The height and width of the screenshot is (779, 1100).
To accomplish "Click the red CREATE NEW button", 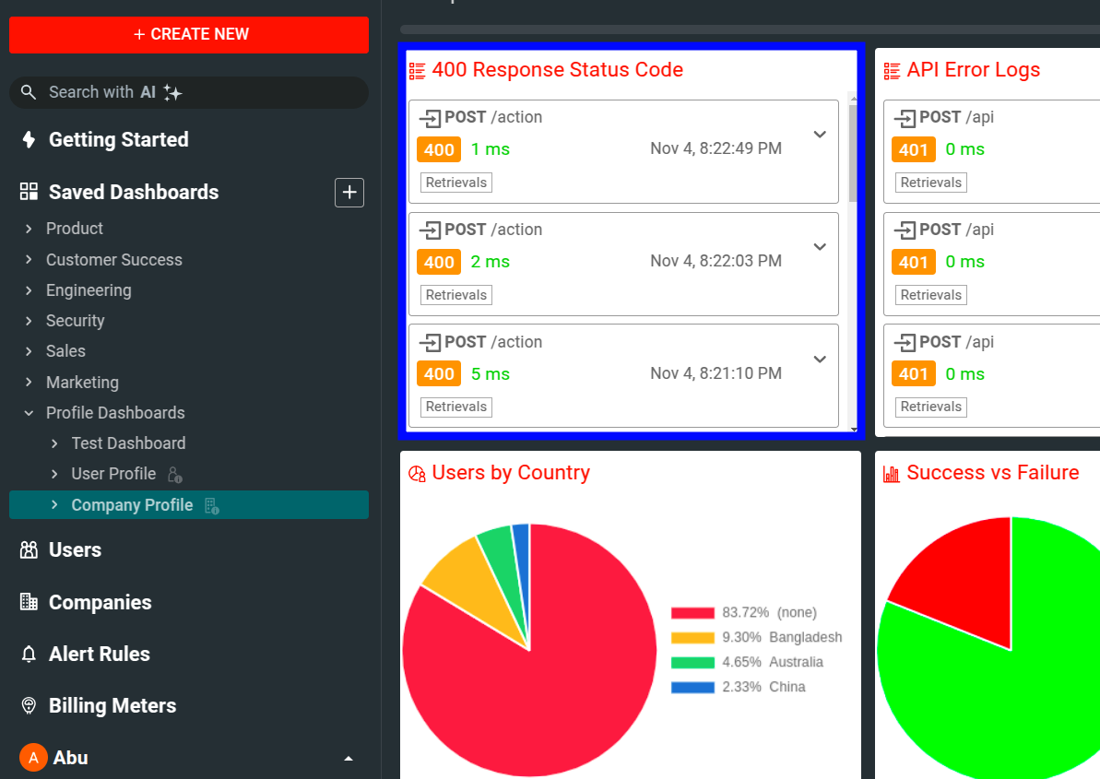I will [x=189, y=34].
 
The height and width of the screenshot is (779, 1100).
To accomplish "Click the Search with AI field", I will [x=189, y=92].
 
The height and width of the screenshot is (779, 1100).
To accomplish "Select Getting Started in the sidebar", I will [x=118, y=140].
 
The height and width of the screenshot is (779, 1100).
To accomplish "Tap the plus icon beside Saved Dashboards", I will [x=349, y=193].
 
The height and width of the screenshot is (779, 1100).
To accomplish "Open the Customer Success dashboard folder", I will [x=113, y=260].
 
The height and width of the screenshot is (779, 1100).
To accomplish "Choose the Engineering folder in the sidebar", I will [x=89, y=290].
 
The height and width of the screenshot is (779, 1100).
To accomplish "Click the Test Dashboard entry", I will [x=128, y=443].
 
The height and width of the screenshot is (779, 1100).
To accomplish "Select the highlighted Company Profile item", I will [x=132, y=505].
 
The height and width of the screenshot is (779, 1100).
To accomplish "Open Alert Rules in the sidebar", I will [x=99, y=654].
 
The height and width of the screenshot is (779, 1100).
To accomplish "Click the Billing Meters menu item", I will [x=112, y=705].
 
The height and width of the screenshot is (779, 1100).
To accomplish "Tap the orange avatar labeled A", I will [x=33, y=758].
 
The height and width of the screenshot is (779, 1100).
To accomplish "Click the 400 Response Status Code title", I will [x=557, y=70].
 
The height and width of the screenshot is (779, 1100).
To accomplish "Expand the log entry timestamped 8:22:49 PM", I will [x=820, y=135].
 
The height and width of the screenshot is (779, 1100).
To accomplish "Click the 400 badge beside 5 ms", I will [x=439, y=374].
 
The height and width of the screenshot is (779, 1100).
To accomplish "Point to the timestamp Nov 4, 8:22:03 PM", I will [x=716, y=261].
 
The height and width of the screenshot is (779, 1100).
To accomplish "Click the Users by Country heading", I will [x=510, y=473].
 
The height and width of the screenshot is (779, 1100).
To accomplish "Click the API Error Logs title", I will [x=973, y=70].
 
